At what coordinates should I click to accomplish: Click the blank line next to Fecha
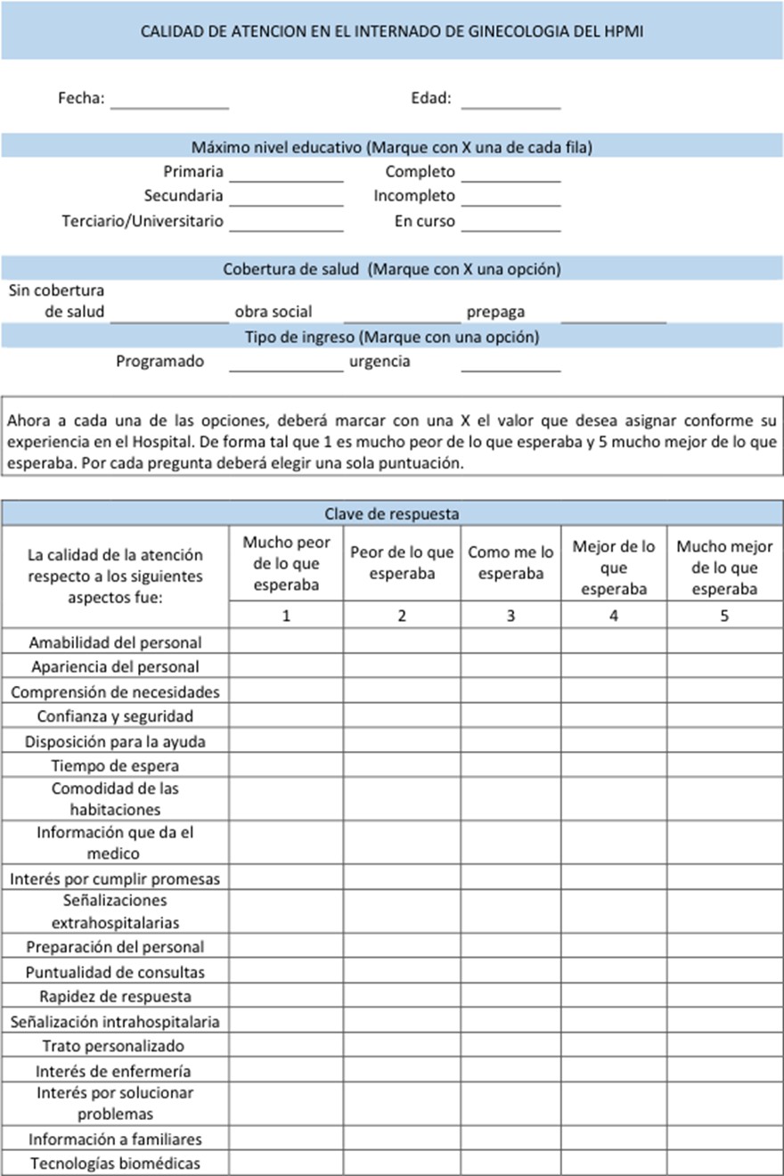click(x=169, y=101)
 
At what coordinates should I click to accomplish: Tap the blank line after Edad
click(x=510, y=101)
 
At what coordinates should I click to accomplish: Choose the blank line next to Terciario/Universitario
click(x=286, y=223)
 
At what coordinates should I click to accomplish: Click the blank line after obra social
click(x=403, y=314)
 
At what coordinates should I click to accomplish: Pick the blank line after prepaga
click(x=614, y=314)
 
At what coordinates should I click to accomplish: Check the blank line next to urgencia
click(x=510, y=363)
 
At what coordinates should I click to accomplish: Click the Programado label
click(x=160, y=362)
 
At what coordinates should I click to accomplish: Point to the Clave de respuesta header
click(x=392, y=513)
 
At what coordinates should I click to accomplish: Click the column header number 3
click(x=510, y=615)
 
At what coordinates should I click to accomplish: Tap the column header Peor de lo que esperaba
click(x=402, y=563)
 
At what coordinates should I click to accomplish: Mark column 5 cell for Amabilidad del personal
click(x=724, y=641)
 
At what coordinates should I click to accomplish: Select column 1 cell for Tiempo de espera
click(x=286, y=765)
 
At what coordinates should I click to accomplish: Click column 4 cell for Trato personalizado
click(x=614, y=1046)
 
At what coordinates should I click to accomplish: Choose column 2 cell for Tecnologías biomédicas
click(x=402, y=1164)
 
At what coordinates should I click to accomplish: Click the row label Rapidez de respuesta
click(x=115, y=997)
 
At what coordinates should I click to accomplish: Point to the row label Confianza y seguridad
click(x=115, y=716)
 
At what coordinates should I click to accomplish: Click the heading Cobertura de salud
click(x=291, y=269)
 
